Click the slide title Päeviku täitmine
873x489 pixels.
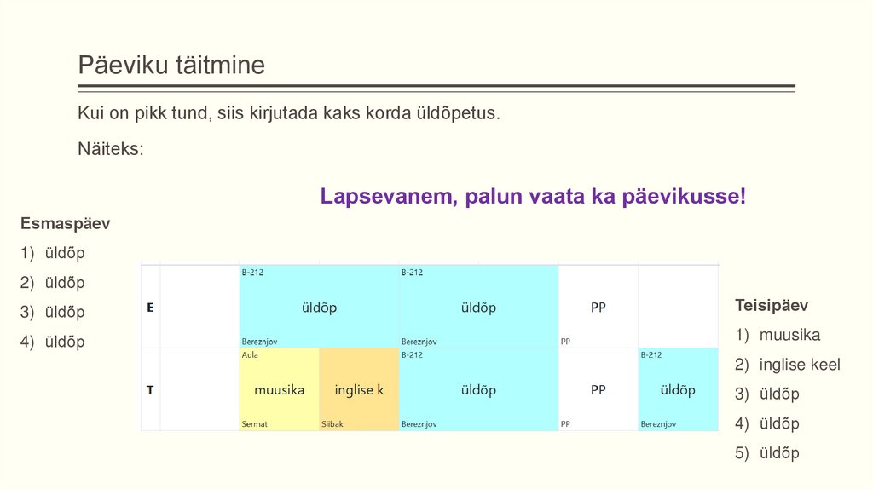(171, 65)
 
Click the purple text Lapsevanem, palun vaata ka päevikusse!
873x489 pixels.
(533, 197)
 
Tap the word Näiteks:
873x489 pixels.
(111, 148)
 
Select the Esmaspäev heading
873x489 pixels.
(66, 224)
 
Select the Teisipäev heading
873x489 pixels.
(772, 305)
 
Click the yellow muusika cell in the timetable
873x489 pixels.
(279, 390)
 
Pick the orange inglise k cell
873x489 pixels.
(359, 390)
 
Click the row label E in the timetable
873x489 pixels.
(150, 308)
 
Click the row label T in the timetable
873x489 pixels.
(150, 390)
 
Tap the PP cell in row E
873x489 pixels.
(598, 308)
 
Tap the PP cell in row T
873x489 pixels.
(598, 390)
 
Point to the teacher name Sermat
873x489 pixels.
(255, 423)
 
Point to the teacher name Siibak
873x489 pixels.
(332, 423)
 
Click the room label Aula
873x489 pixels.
(250, 354)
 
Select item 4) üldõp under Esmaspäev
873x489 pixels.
(65, 342)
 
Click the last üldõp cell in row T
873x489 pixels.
(678, 390)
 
